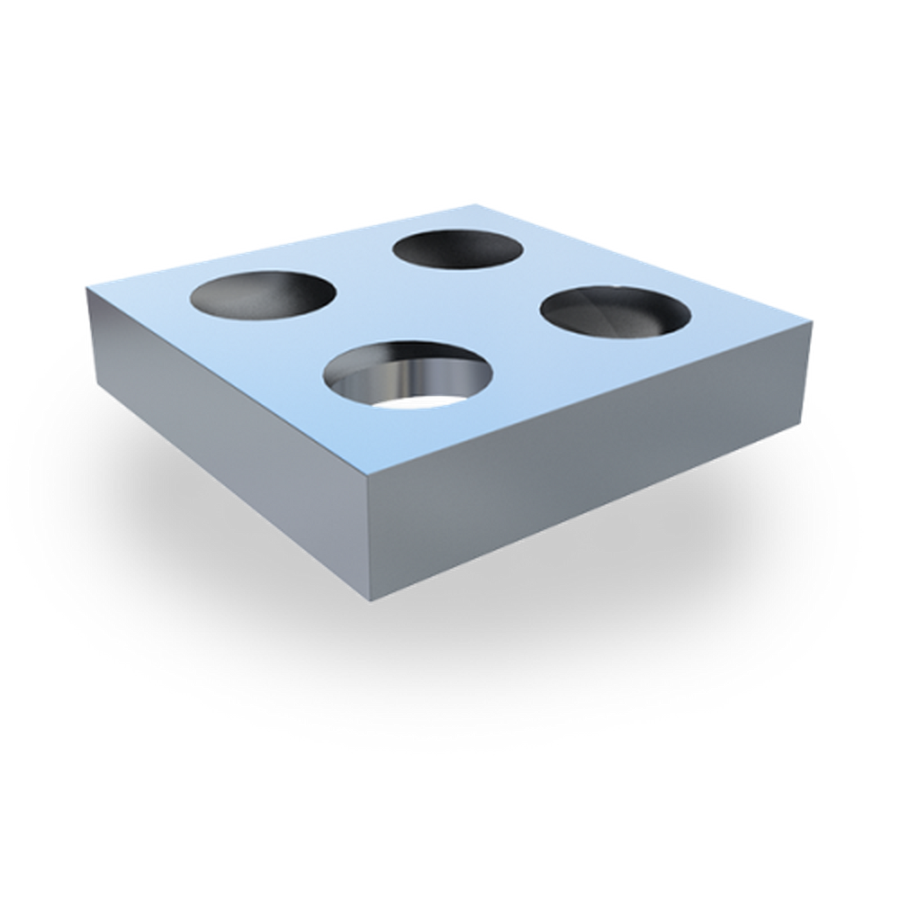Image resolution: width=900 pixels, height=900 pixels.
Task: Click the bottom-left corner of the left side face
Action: coord(95,387)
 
